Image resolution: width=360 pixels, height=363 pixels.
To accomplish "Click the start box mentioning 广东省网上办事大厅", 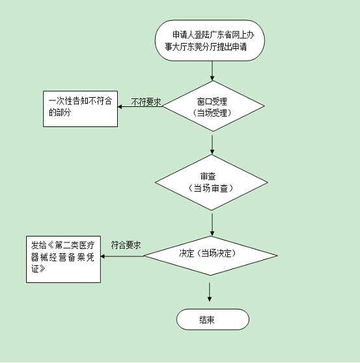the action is [210, 40].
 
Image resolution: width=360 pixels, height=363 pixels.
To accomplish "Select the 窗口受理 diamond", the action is [213, 106].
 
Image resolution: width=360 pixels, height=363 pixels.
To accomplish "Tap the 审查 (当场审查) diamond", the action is [212, 182].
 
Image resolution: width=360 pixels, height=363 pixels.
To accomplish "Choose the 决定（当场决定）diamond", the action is [210, 256].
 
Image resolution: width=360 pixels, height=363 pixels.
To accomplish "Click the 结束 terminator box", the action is [213, 319].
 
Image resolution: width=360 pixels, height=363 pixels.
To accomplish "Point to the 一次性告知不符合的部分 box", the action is [80, 109].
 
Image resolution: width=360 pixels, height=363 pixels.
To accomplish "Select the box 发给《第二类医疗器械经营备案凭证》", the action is [63, 259].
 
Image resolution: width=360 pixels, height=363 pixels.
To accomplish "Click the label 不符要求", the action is [146, 102].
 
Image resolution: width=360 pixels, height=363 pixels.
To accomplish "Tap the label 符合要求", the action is [126, 245].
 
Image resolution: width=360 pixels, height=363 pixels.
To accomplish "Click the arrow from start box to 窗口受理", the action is [212, 71].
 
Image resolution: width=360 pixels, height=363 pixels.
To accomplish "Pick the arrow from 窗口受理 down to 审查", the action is [212, 145].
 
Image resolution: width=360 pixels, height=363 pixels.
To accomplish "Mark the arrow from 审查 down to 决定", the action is [212, 225].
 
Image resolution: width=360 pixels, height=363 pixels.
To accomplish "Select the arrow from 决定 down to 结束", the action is [210, 292].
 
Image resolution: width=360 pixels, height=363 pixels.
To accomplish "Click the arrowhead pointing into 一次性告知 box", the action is [120, 107].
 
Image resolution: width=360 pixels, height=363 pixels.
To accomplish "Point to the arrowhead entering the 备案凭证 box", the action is [103, 256].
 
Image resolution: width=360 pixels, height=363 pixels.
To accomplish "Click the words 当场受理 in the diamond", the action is [212, 113].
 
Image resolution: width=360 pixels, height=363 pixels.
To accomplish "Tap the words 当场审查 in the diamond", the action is [210, 188].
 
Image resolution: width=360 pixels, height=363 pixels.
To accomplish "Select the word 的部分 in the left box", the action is [60, 113].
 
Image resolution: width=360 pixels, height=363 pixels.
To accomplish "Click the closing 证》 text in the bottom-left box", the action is [38, 269].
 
